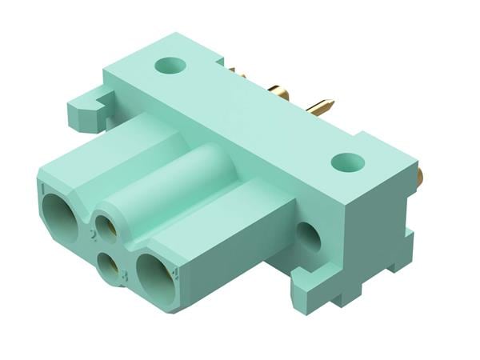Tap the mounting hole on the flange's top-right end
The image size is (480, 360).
point(348,162)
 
